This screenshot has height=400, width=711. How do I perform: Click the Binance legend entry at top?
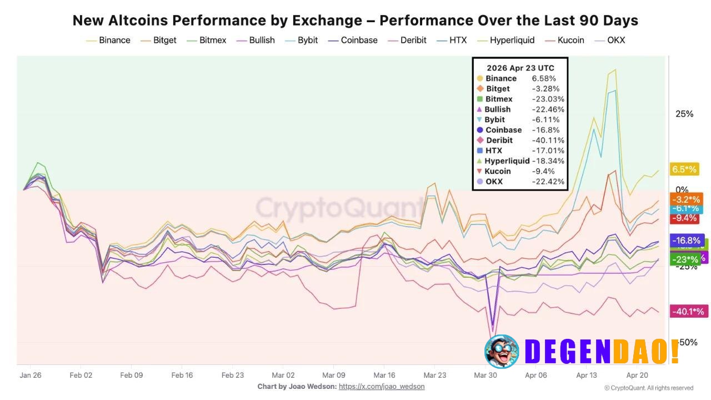click(x=114, y=40)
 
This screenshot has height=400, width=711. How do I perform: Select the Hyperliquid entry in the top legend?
click(x=511, y=40)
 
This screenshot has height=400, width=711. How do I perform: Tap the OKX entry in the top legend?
click(x=615, y=40)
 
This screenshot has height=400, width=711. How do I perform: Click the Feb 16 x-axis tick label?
click(x=182, y=375)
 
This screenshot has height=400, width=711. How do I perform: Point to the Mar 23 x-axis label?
click(x=434, y=375)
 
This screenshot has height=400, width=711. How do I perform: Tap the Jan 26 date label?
click(x=30, y=375)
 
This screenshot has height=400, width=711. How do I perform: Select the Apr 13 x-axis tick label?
click(x=586, y=375)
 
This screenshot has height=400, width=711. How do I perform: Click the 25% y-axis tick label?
click(x=684, y=114)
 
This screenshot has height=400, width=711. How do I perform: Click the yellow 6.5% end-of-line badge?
click(x=684, y=169)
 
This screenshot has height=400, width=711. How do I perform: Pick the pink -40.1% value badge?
click(x=688, y=312)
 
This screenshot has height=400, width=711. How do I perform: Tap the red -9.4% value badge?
click(x=684, y=218)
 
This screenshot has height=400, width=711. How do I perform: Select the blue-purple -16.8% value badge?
click(x=687, y=241)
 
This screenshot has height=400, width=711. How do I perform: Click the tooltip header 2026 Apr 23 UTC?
click(x=520, y=68)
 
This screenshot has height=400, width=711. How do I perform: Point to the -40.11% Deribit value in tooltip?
click(x=548, y=141)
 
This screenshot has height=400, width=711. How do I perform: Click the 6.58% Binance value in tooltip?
click(x=544, y=78)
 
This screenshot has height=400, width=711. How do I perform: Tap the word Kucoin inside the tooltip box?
click(x=497, y=171)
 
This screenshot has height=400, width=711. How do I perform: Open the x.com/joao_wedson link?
click(x=382, y=387)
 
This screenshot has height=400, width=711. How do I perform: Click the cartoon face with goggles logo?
click(x=502, y=351)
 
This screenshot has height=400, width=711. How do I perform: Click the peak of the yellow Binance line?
click(x=614, y=70)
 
